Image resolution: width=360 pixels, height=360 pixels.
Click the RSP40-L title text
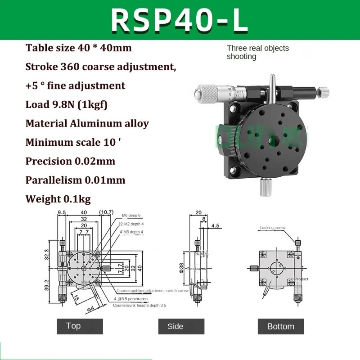(180, 20)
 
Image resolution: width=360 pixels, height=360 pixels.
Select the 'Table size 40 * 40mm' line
(79, 48)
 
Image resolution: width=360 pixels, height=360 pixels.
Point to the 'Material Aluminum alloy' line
(87, 123)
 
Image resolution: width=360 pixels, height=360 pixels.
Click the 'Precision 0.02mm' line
(70, 161)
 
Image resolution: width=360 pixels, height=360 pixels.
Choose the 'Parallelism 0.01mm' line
(76, 180)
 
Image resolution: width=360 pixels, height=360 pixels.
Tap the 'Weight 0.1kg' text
(59, 199)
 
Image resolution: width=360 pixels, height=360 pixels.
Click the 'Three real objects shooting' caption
(257, 52)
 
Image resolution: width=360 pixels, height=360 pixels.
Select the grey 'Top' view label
(73, 326)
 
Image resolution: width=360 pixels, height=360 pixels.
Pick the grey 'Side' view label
(175, 326)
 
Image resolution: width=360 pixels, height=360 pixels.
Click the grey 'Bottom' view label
(280, 326)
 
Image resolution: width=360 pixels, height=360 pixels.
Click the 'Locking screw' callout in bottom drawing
(273, 228)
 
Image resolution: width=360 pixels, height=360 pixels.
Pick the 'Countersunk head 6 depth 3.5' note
(139, 305)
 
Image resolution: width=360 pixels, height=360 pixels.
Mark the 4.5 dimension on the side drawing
(216, 226)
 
